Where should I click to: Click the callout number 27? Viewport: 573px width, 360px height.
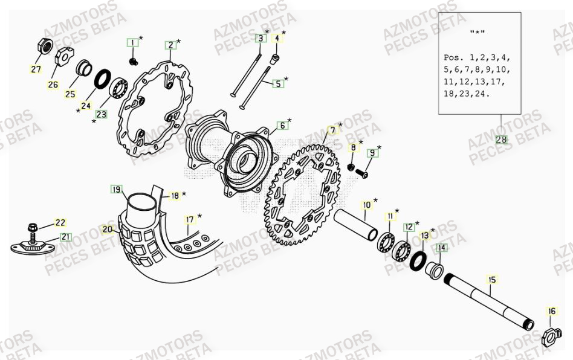point(36,69)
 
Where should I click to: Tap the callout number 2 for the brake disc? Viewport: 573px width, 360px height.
point(171,45)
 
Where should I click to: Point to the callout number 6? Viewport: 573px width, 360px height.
point(282,126)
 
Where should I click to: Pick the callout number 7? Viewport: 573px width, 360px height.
point(332,130)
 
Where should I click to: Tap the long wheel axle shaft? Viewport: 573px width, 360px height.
point(490,300)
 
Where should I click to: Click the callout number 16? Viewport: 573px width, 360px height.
point(551,311)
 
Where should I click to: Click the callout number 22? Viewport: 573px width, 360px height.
point(61,223)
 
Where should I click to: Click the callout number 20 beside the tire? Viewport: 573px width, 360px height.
point(107,230)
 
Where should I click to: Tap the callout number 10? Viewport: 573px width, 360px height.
point(367,205)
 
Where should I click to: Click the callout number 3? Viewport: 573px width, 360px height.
point(260,39)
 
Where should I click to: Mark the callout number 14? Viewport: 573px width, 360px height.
point(442,248)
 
